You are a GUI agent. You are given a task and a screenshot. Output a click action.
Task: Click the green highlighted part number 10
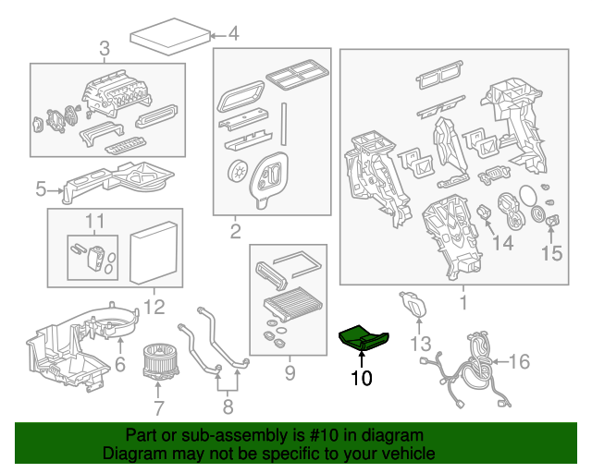[365, 340]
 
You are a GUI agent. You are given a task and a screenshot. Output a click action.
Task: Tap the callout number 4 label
[233, 36]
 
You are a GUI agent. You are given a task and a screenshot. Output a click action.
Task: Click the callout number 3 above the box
[104, 47]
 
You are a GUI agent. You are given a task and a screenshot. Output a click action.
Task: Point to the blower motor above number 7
[159, 361]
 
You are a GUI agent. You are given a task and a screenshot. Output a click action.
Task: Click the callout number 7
[159, 407]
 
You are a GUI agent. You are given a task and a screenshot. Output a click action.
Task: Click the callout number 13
[421, 344]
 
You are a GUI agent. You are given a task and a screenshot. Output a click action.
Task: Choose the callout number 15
[551, 253]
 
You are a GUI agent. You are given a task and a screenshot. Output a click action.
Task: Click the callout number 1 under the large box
[462, 302]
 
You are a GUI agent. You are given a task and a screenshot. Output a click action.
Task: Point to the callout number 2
[235, 231]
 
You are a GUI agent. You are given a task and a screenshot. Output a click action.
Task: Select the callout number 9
[289, 373]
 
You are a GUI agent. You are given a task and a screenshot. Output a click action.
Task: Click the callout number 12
[153, 307]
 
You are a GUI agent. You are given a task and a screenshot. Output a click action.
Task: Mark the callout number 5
[41, 190]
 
